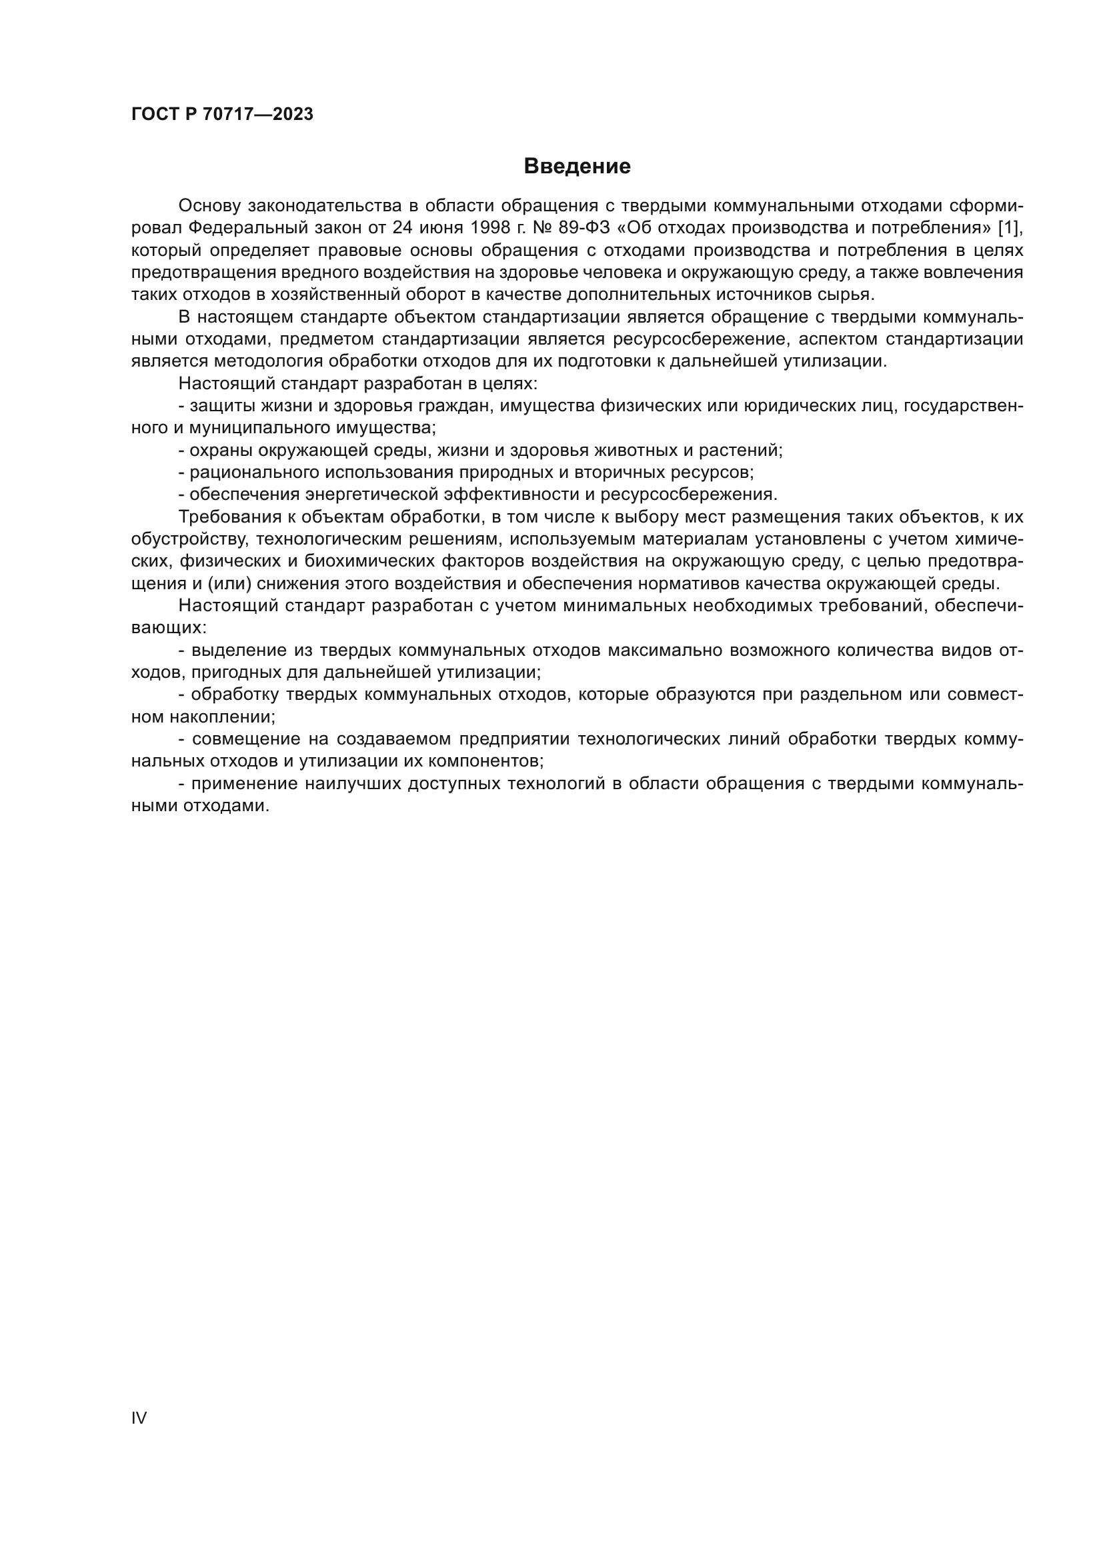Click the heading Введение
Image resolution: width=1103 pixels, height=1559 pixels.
tap(577, 167)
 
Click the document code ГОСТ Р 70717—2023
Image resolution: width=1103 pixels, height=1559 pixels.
tap(222, 115)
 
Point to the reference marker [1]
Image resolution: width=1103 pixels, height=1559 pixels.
tap(1008, 227)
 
